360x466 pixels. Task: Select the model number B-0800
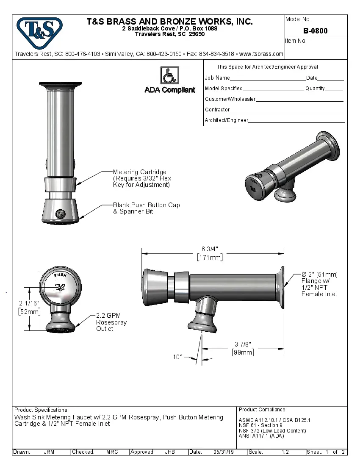pyautogui.click(x=315, y=31)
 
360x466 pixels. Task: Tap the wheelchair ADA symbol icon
pyautogui.click(x=169, y=75)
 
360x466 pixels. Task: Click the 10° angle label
pyautogui.click(x=177, y=357)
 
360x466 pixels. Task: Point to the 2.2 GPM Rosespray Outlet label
pyautogui.click(x=111, y=322)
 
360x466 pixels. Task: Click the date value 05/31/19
pyautogui.click(x=224, y=452)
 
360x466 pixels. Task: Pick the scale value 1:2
pyautogui.click(x=285, y=452)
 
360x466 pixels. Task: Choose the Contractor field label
pyautogui.click(x=217, y=110)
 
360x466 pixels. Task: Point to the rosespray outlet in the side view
pyautogui.click(x=202, y=325)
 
